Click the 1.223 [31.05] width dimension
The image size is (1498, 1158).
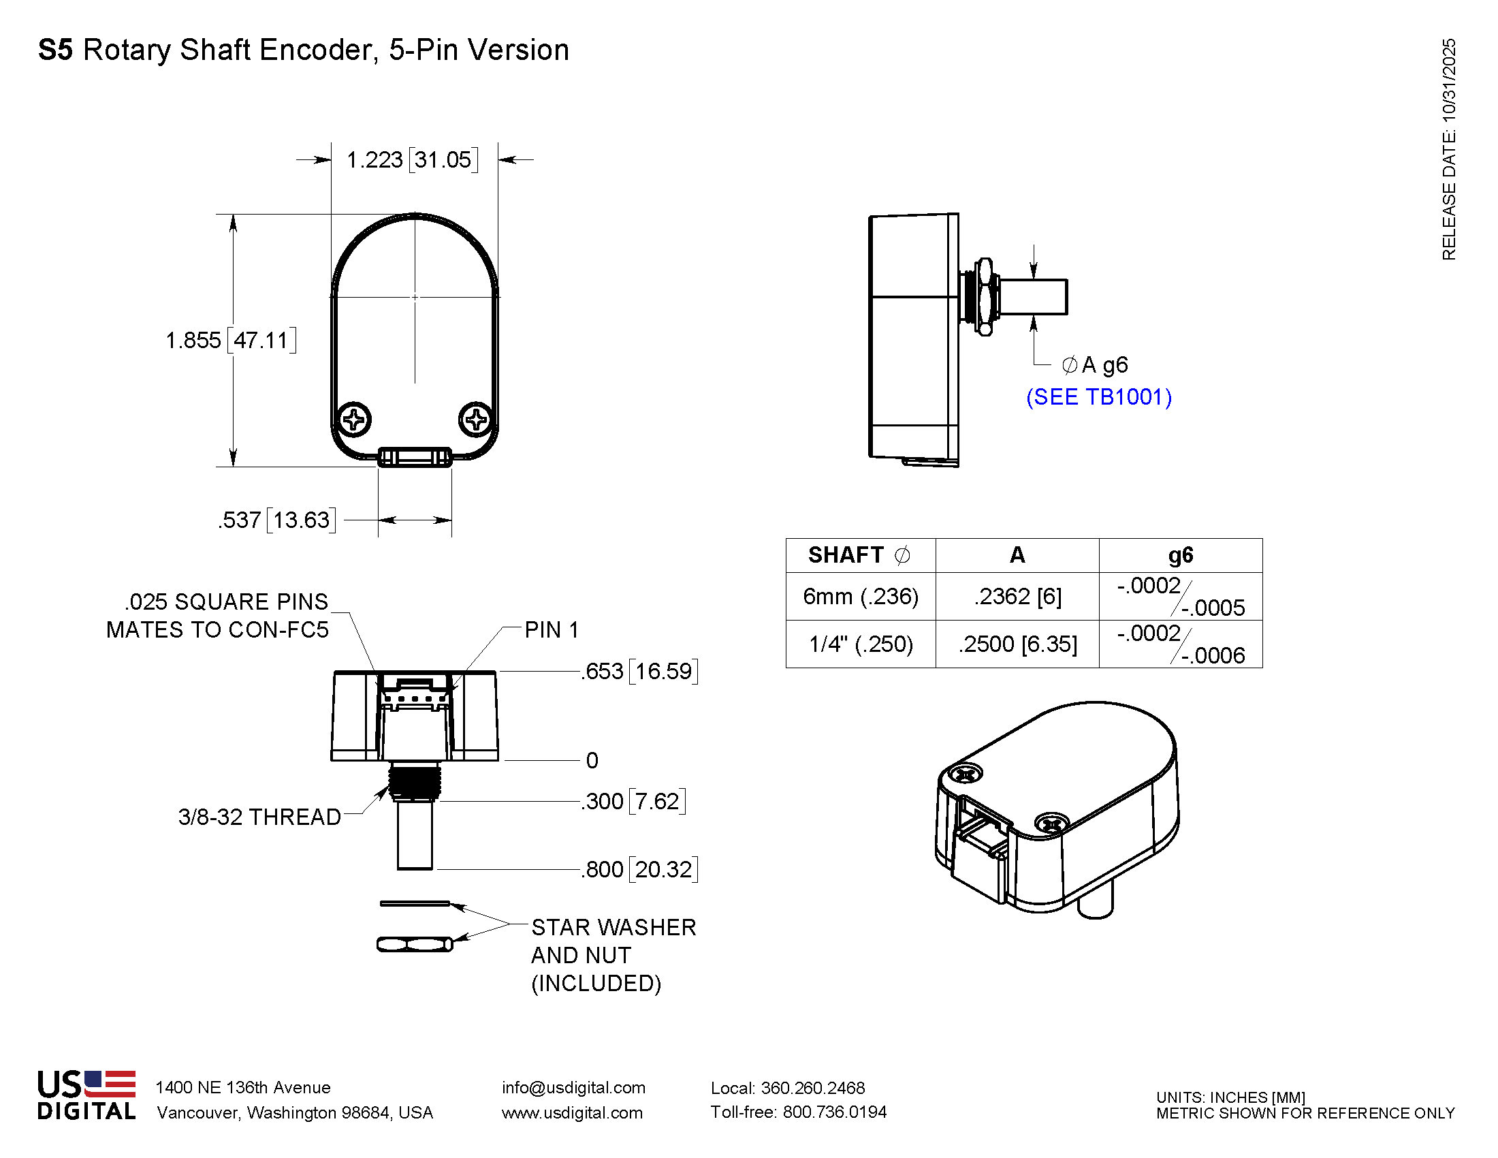click(x=411, y=160)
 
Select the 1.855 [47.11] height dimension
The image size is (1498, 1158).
click(x=231, y=341)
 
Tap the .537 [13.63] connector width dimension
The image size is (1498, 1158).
click(x=277, y=520)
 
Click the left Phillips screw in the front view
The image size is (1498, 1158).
click(x=355, y=419)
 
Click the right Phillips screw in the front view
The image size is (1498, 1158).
click(x=476, y=419)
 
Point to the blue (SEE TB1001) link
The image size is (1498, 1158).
click(x=1099, y=397)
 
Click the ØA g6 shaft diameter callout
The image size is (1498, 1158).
click(x=1095, y=365)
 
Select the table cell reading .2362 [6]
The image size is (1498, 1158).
click(x=1017, y=597)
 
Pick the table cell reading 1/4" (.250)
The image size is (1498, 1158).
click(x=861, y=644)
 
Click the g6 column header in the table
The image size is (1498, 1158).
click(x=1181, y=555)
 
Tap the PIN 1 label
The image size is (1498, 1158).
click(x=552, y=630)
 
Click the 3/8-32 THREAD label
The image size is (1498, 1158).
click(x=259, y=817)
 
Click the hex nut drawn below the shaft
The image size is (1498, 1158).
click(x=415, y=945)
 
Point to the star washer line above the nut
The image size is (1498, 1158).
click(x=415, y=903)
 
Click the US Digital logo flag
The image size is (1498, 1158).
click(x=110, y=1083)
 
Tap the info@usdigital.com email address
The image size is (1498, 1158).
click(x=573, y=1087)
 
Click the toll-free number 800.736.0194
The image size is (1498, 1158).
click(x=834, y=1112)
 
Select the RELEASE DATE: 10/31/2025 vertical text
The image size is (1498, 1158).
click(x=1448, y=150)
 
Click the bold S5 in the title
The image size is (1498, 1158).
click(x=56, y=50)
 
